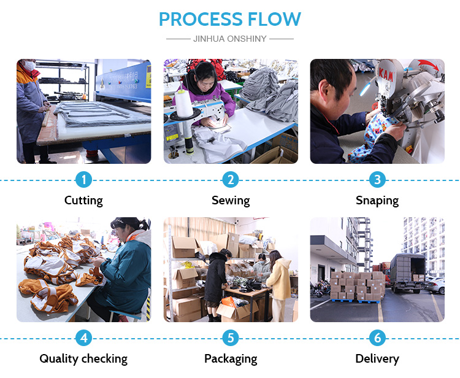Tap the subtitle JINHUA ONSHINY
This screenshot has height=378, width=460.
pyautogui.click(x=230, y=38)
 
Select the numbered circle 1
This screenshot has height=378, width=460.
pyautogui.click(x=83, y=180)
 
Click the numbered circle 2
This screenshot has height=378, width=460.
pyautogui.click(x=231, y=180)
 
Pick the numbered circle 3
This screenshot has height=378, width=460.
pyautogui.click(x=377, y=180)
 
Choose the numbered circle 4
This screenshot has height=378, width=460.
pyautogui.click(x=83, y=338)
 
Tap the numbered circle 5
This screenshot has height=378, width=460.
pyautogui.click(x=231, y=338)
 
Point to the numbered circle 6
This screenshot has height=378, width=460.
pyautogui.click(x=377, y=338)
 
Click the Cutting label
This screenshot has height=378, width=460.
pyautogui.click(x=83, y=201)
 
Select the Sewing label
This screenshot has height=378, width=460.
pyautogui.click(x=231, y=201)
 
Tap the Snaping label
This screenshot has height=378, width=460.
pyautogui.click(x=377, y=201)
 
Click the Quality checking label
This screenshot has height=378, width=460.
pyautogui.click(x=83, y=359)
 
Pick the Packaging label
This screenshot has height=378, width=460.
pyautogui.click(x=231, y=359)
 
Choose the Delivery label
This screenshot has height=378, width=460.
pyautogui.click(x=377, y=359)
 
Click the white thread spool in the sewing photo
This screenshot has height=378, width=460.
pyautogui.click(x=184, y=103)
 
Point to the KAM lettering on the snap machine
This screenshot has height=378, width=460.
pyautogui.click(x=385, y=74)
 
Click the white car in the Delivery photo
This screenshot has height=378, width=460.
pyautogui.click(x=435, y=284)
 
